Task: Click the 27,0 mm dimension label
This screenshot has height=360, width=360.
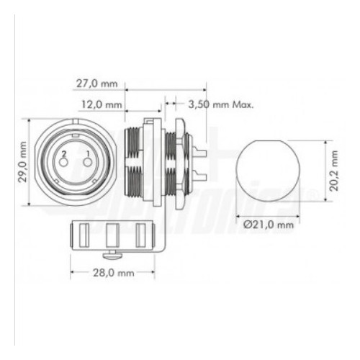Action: (x=96, y=83)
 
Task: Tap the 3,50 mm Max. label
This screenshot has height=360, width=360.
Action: (x=220, y=104)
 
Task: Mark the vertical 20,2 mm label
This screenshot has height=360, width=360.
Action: (x=333, y=174)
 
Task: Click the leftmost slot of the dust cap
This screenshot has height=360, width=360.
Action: (x=81, y=235)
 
